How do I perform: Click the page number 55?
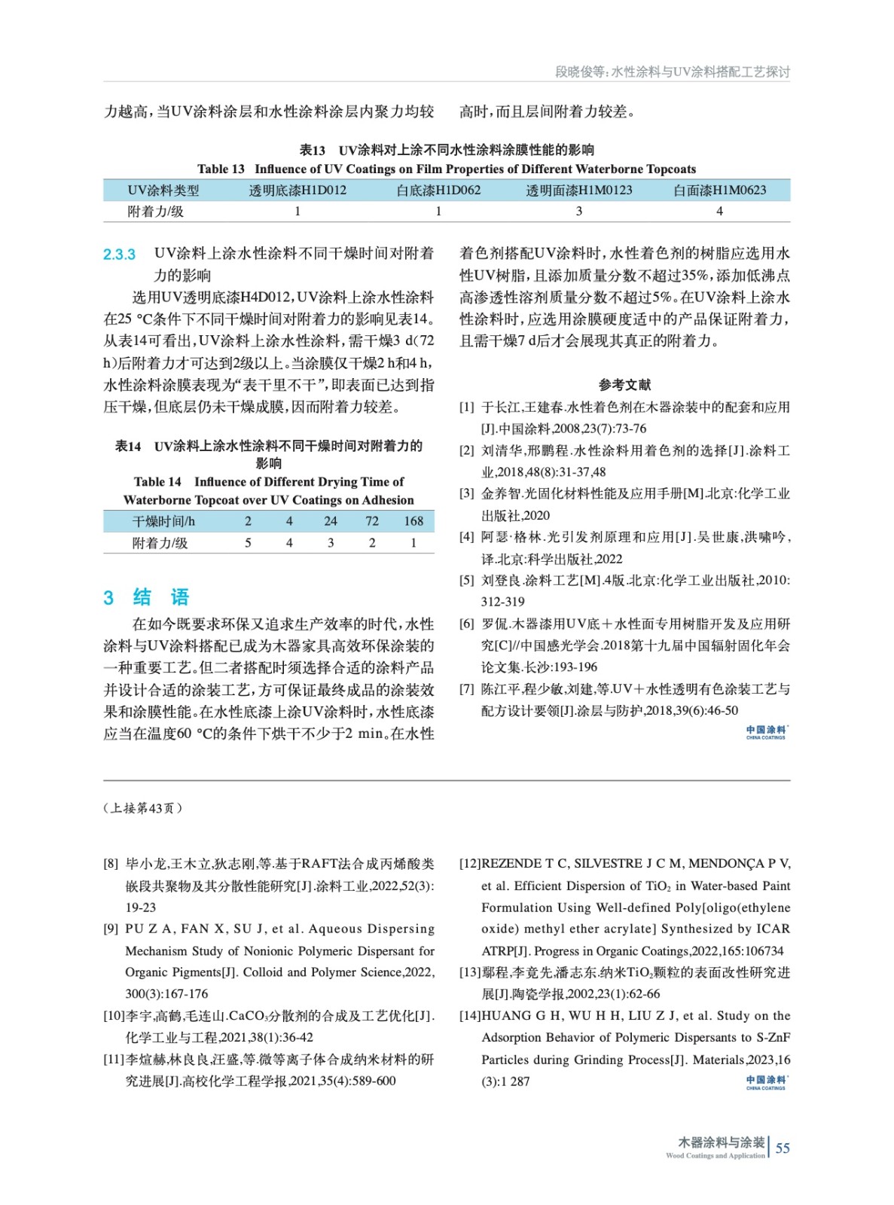tap(783, 1148)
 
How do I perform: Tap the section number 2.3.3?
tap(119, 255)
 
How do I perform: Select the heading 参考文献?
tap(624, 385)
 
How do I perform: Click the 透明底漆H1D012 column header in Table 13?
tap(297, 191)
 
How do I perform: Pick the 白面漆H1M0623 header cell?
tap(719, 191)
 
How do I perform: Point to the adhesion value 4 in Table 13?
tap(719, 212)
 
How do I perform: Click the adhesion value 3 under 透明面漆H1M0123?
tap(578, 212)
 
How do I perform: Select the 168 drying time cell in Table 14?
tap(413, 521)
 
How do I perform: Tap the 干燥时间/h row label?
tap(163, 521)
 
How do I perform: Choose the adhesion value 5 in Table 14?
tap(248, 543)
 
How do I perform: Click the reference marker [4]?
tap(467, 537)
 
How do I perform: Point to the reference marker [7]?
tap(467, 689)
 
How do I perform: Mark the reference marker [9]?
tap(111, 929)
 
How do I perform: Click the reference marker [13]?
tap(470, 973)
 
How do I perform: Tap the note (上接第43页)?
tap(142, 808)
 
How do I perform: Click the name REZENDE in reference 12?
tap(511, 864)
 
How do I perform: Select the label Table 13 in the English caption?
tap(221, 169)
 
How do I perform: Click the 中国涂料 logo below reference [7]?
tap(767, 732)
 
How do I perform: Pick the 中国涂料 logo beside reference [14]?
tap(767, 1082)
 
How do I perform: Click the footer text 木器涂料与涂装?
tap(721, 1142)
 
